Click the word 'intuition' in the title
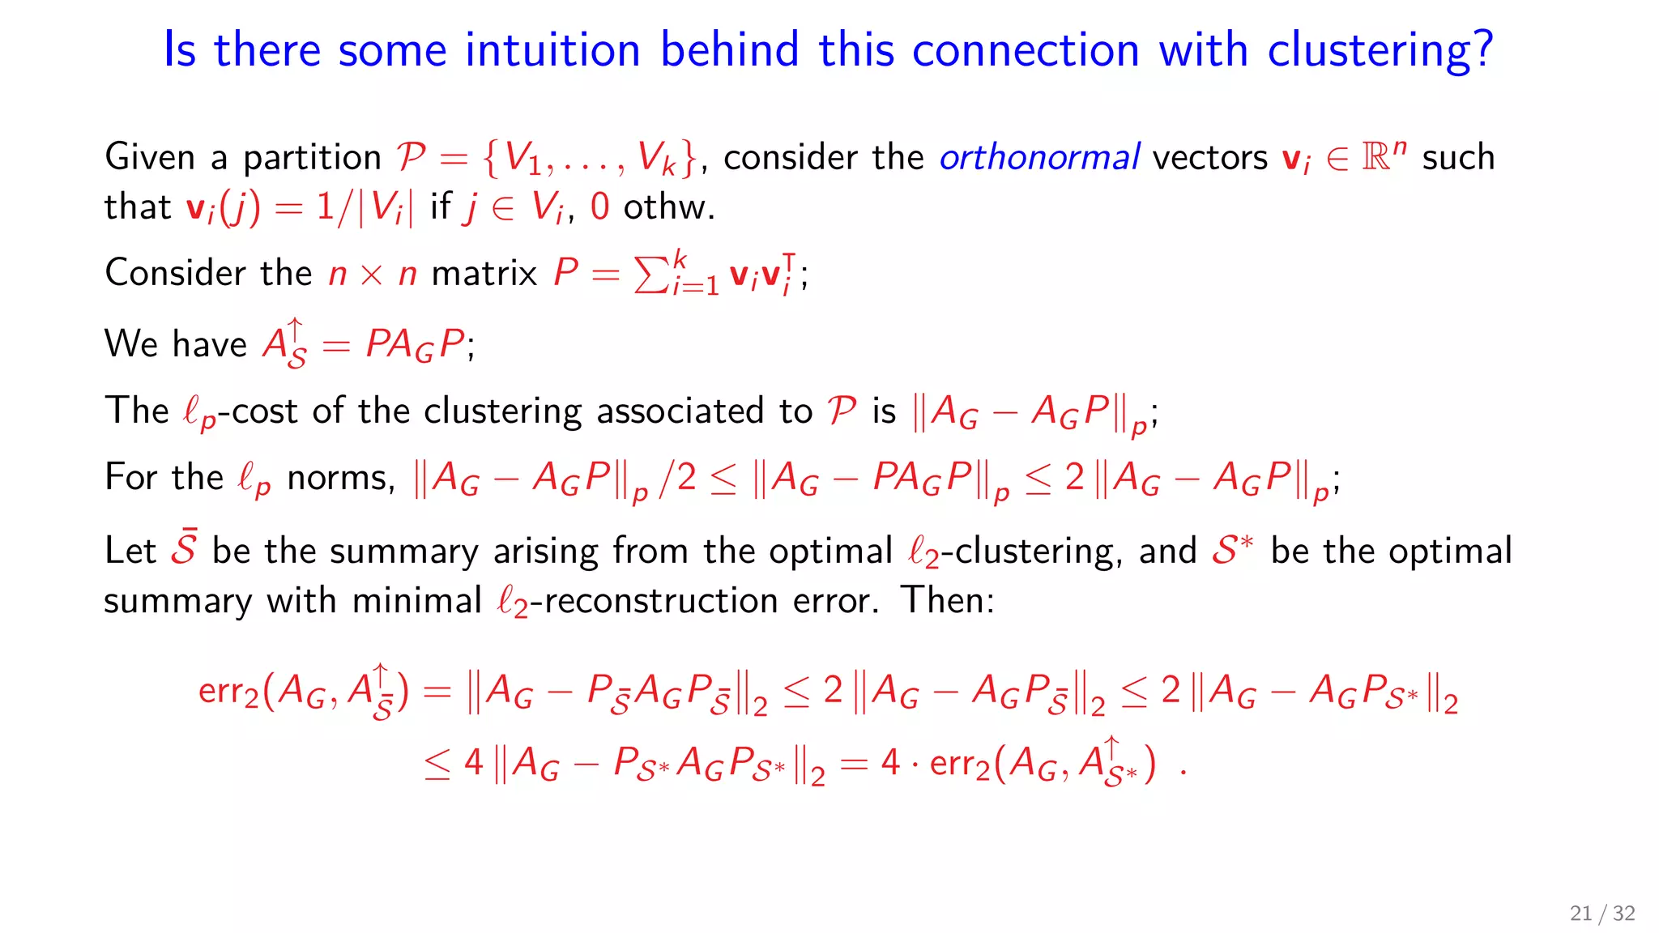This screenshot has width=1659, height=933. point(552,49)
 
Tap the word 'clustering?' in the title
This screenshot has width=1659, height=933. point(1380,51)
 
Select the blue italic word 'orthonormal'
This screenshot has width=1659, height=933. point(1039,156)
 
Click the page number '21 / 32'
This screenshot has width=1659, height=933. point(1601,914)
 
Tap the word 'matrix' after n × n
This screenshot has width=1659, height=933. point(484,273)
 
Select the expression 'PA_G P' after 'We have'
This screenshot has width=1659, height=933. point(416,344)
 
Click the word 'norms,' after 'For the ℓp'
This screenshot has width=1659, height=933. point(341,477)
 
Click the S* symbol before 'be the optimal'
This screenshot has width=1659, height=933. point(1232,549)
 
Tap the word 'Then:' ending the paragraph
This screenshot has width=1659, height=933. point(947,600)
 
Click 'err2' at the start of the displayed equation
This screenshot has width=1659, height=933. point(228,691)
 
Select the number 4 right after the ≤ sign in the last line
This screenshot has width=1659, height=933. point(474,762)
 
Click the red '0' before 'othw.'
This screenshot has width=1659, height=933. point(599,207)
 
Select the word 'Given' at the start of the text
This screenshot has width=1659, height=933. point(150,156)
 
